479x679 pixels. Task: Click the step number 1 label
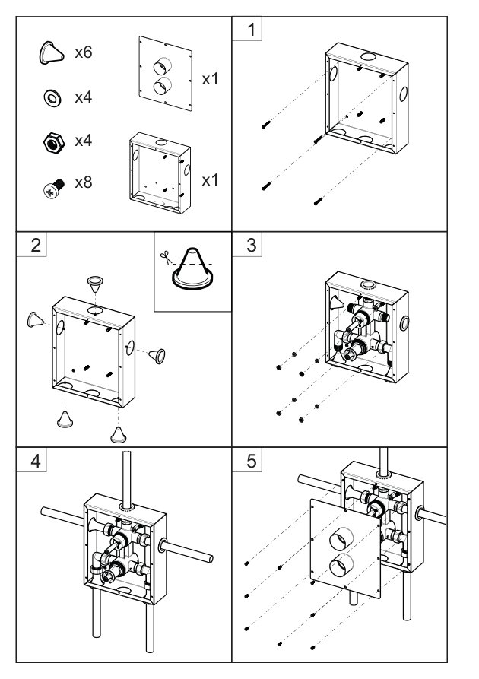[x=251, y=30]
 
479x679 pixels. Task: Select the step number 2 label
[x=36, y=245]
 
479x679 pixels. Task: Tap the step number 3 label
[x=251, y=245]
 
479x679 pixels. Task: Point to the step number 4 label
[x=36, y=461]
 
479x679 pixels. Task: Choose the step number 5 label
[x=251, y=461]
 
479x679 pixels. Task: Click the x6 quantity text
[x=83, y=52]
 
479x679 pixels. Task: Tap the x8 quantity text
[x=83, y=182]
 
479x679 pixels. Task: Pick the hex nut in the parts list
[x=54, y=142]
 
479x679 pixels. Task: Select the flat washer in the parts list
[x=52, y=98]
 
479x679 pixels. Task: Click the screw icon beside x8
[x=54, y=189]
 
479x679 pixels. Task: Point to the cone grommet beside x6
[x=51, y=53]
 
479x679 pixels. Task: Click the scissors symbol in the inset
[x=165, y=258]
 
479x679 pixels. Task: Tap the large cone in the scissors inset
[x=192, y=269]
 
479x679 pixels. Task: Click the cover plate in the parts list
[x=166, y=73]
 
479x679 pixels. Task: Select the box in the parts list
[x=160, y=173]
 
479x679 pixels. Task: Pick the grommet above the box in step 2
[x=95, y=284]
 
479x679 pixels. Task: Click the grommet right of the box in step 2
[x=157, y=356]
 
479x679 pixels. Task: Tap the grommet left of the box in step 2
[x=35, y=319]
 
